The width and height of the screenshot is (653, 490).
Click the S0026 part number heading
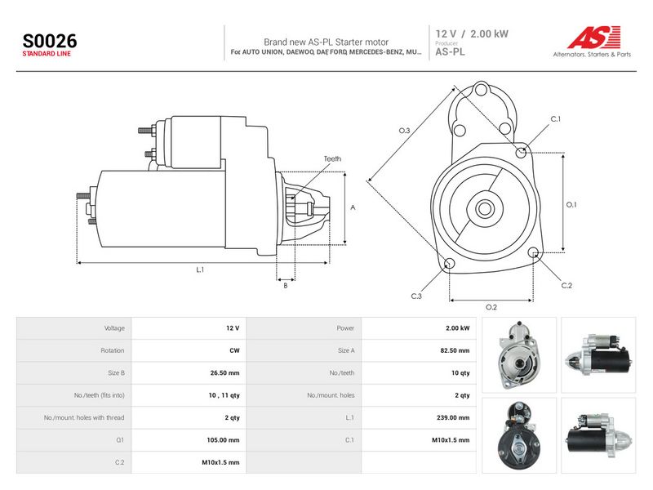(50, 41)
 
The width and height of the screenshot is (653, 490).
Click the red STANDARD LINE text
(47, 54)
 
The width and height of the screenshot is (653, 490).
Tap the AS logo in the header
(594, 37)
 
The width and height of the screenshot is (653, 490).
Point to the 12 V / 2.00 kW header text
(472, 33)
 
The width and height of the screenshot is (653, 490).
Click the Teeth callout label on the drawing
(332, 158)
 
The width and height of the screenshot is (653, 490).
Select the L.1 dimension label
(200, 269)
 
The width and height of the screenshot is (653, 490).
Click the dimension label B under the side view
(285, 285)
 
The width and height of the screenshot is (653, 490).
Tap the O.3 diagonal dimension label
(404, 131)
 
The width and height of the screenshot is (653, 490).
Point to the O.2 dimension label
(491, 307)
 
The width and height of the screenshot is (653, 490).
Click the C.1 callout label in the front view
(556, 118)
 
